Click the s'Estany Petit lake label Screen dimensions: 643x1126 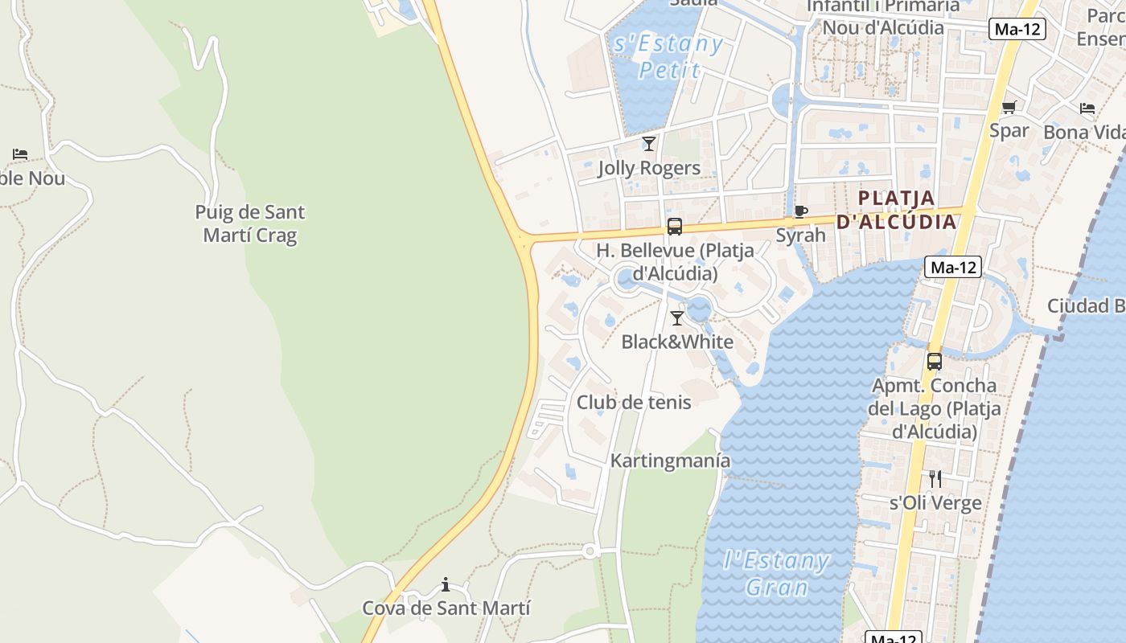click(668, 56)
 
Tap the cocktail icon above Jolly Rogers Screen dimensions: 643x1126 click(649, 144)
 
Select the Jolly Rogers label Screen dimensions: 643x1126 click(649, 168)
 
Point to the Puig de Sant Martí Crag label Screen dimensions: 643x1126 click(250, 223)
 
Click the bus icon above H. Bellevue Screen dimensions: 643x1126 click(675, 227)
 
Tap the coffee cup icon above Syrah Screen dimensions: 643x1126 click(800, 211)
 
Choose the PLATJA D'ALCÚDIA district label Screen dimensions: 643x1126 click(897, 209)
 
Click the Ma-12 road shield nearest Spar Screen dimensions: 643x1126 click(1017, 29)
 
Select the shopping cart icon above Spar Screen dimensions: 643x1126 click(1009, 108)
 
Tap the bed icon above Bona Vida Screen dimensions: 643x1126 click(1087, 109)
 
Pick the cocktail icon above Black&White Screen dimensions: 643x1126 click(677, 318)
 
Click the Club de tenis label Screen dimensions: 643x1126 click(634, 402)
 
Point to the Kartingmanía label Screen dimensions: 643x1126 click(671, 461)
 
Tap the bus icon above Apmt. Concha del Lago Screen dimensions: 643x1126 click(934, 362)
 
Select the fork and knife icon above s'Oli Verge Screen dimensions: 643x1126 click(935, 479)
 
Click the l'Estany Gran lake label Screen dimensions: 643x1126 click(776, 573)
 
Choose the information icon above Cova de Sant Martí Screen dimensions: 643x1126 click(446, 584)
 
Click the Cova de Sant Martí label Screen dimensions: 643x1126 click(446, 608)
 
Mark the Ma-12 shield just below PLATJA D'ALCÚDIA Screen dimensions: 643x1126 click(953, 267)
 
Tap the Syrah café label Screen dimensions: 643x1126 click(800, 235)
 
